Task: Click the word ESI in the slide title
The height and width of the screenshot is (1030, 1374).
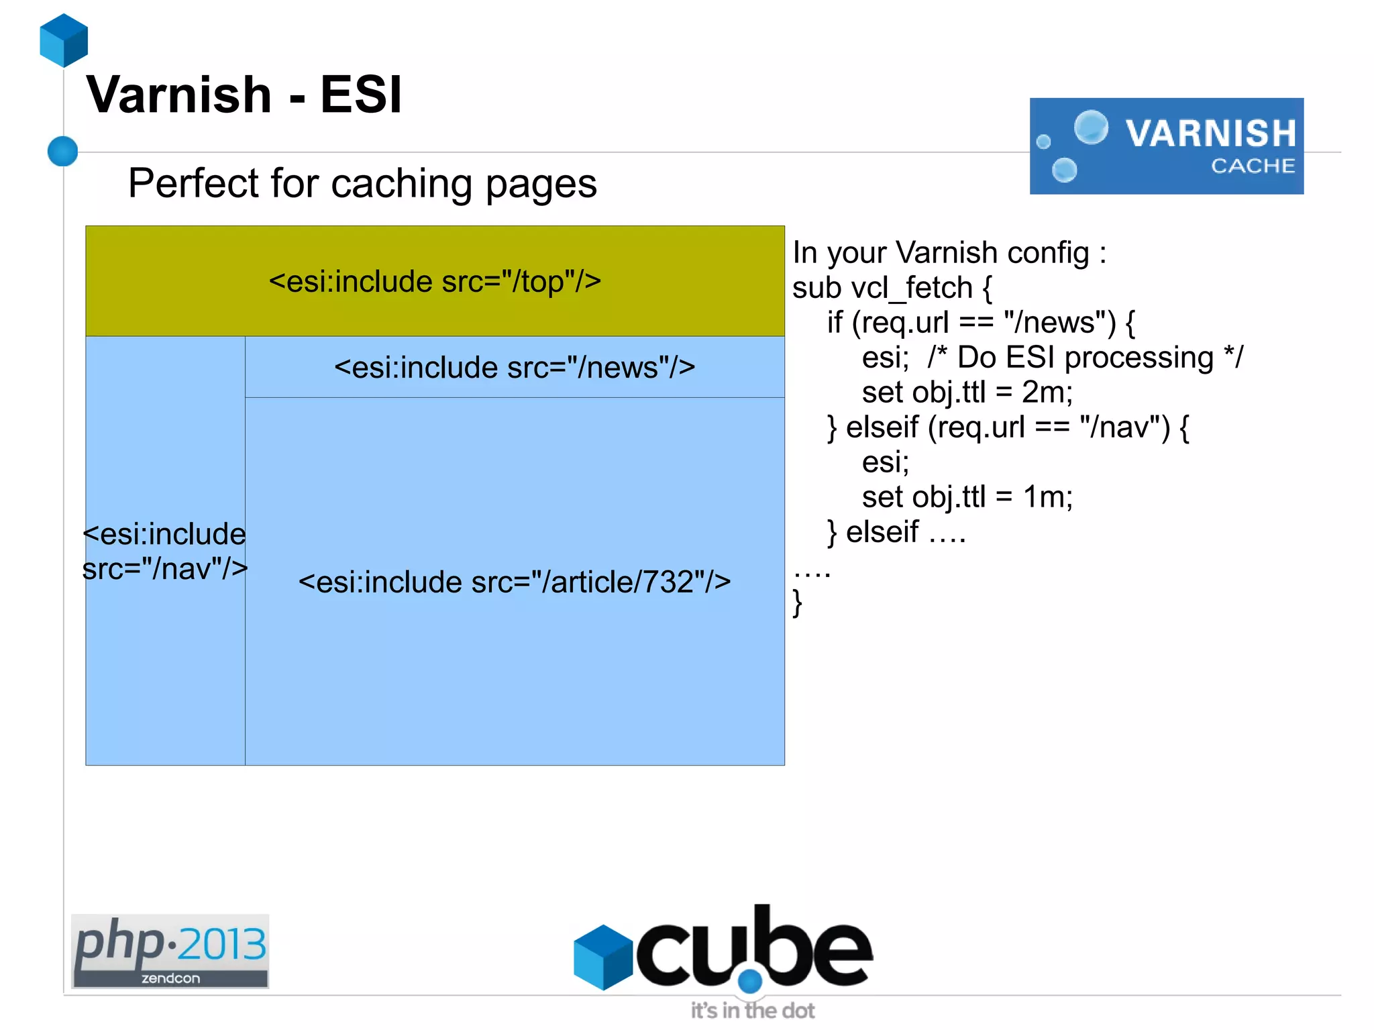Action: point(360,95)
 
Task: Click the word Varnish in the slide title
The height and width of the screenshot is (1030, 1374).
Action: point(179,95)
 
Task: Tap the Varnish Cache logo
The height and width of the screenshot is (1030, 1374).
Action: point(1166,146)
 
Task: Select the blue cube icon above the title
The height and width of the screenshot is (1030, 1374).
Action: point(64,40)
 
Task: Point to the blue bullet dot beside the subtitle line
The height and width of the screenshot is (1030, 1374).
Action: point(63,151)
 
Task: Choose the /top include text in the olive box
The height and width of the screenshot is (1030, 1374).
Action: point(435,282)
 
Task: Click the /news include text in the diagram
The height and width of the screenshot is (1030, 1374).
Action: point(515,368)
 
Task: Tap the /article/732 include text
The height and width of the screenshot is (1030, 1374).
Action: point(515,582)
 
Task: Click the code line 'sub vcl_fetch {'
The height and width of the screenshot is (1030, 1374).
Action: point(892,288)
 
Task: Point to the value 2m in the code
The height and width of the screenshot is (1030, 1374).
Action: point(1047,393)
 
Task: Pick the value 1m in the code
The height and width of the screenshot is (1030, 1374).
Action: point(1047,497)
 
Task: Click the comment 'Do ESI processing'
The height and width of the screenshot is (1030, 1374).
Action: point(1085,358)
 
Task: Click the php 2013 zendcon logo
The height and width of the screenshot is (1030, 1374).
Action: point(170,951)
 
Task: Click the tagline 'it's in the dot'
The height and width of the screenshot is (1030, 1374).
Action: point(753,1011)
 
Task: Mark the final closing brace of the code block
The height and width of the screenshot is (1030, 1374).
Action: point(797,603)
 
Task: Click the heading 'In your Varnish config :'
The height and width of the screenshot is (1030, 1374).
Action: point(949,253)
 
